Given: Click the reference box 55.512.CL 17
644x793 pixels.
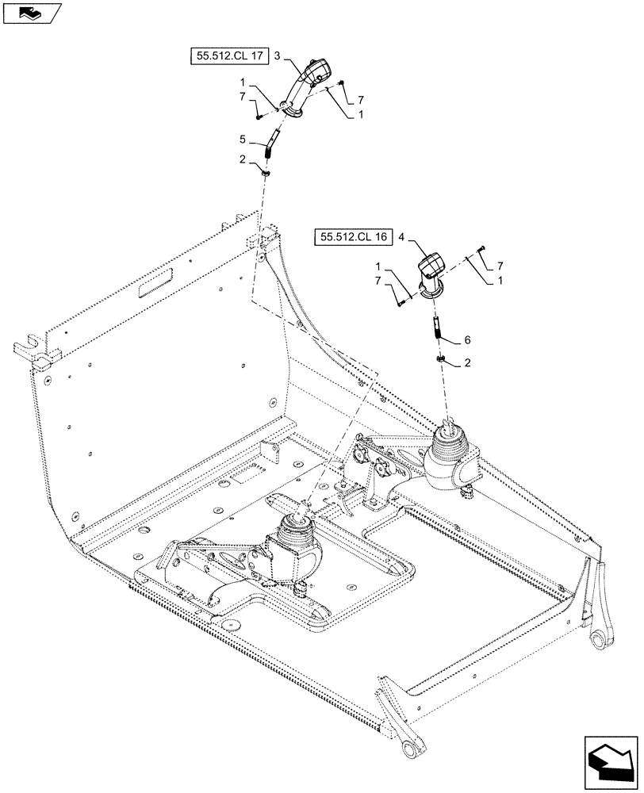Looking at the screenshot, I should [x=228, y=56].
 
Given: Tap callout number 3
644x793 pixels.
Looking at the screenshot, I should [x=278, y=56].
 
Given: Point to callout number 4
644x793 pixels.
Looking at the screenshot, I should [x=401, y=236].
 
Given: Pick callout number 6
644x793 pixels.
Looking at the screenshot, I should [x=467, y=339].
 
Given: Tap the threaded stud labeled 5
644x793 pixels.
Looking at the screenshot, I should [x=270, y=145].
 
